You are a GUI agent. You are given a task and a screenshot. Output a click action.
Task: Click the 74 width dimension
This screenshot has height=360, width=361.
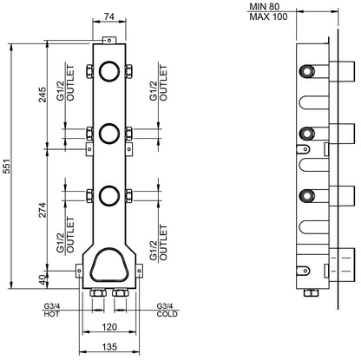click(109, 16)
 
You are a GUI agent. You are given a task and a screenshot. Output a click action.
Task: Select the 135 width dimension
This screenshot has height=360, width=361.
click(109, 348)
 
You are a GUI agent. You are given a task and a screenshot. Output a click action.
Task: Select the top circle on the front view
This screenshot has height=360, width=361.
click(109, 71)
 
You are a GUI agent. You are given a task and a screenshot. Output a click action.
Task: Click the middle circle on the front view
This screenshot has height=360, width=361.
click(109, 132)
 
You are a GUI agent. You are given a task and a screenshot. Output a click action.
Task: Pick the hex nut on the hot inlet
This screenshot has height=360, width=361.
click(97, 295)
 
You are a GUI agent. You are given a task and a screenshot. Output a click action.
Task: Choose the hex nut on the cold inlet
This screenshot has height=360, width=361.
click(121, 295)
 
